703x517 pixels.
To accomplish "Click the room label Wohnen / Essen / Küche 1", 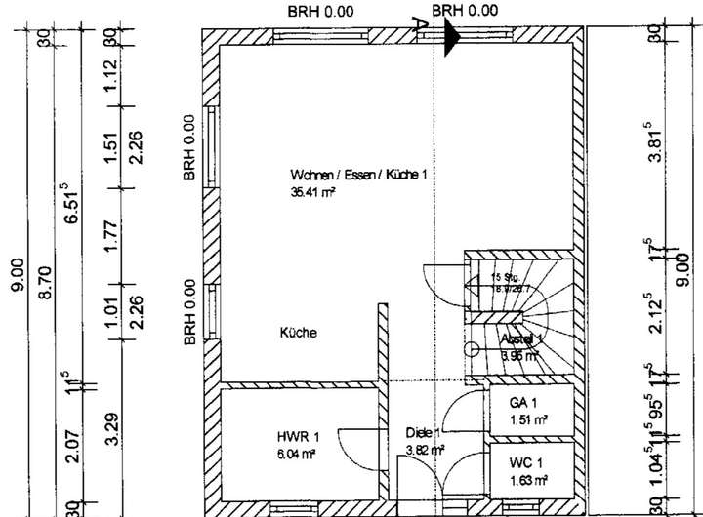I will (359, 175).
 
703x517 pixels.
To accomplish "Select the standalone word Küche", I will (299, 333).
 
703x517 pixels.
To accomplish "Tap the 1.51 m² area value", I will (528, 420).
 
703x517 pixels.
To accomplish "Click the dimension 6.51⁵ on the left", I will (71, 206).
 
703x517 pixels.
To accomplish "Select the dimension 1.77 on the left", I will (111, 237).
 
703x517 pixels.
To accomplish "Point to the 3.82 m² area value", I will (425, 450).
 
